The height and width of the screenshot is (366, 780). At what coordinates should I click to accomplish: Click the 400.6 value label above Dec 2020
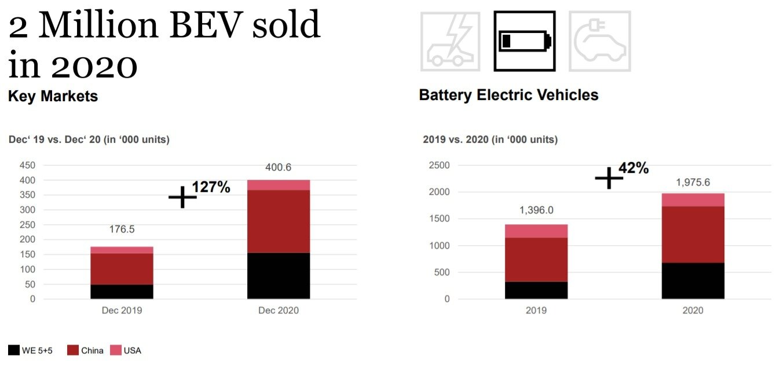279,168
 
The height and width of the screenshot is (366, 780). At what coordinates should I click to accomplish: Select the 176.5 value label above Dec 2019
122,230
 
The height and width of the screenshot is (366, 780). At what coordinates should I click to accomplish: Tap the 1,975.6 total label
693,183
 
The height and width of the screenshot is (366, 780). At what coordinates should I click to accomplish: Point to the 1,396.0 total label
536,210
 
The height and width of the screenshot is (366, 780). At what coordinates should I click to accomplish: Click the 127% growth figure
211,187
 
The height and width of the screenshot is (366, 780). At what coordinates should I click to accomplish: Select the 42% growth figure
633,168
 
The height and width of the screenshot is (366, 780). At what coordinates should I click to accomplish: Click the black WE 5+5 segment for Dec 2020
279,276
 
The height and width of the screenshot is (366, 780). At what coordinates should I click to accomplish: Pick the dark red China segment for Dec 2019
122,269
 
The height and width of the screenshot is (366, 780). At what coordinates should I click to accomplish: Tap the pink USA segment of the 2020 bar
693,200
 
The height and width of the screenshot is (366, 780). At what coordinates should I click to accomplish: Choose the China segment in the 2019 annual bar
536,260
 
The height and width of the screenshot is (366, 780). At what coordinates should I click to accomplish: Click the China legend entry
86,350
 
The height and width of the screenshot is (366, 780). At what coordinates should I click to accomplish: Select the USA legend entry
126,350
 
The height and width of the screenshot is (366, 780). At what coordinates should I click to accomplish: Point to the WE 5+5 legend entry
31,350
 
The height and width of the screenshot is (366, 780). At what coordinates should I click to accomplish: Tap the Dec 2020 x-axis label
279,310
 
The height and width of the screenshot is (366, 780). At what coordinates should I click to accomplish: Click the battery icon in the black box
524,41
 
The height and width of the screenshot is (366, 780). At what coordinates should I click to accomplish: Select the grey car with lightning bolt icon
450,41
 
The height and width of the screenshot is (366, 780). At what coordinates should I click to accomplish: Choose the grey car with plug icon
599,41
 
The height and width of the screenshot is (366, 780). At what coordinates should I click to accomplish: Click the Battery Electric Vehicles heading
508,95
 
